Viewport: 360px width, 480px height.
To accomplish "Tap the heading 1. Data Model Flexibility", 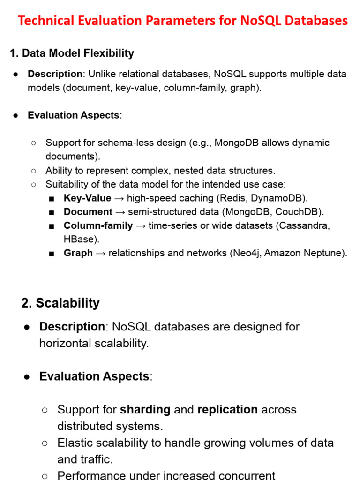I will [72, 53].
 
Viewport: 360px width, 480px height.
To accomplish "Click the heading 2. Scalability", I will [60, 303].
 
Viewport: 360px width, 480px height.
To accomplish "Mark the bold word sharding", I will [145, 409].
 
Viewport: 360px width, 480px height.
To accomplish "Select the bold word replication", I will [227, 409].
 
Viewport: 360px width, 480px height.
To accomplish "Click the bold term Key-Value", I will [88, 198].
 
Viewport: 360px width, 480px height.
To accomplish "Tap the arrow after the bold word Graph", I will [101, 253].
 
